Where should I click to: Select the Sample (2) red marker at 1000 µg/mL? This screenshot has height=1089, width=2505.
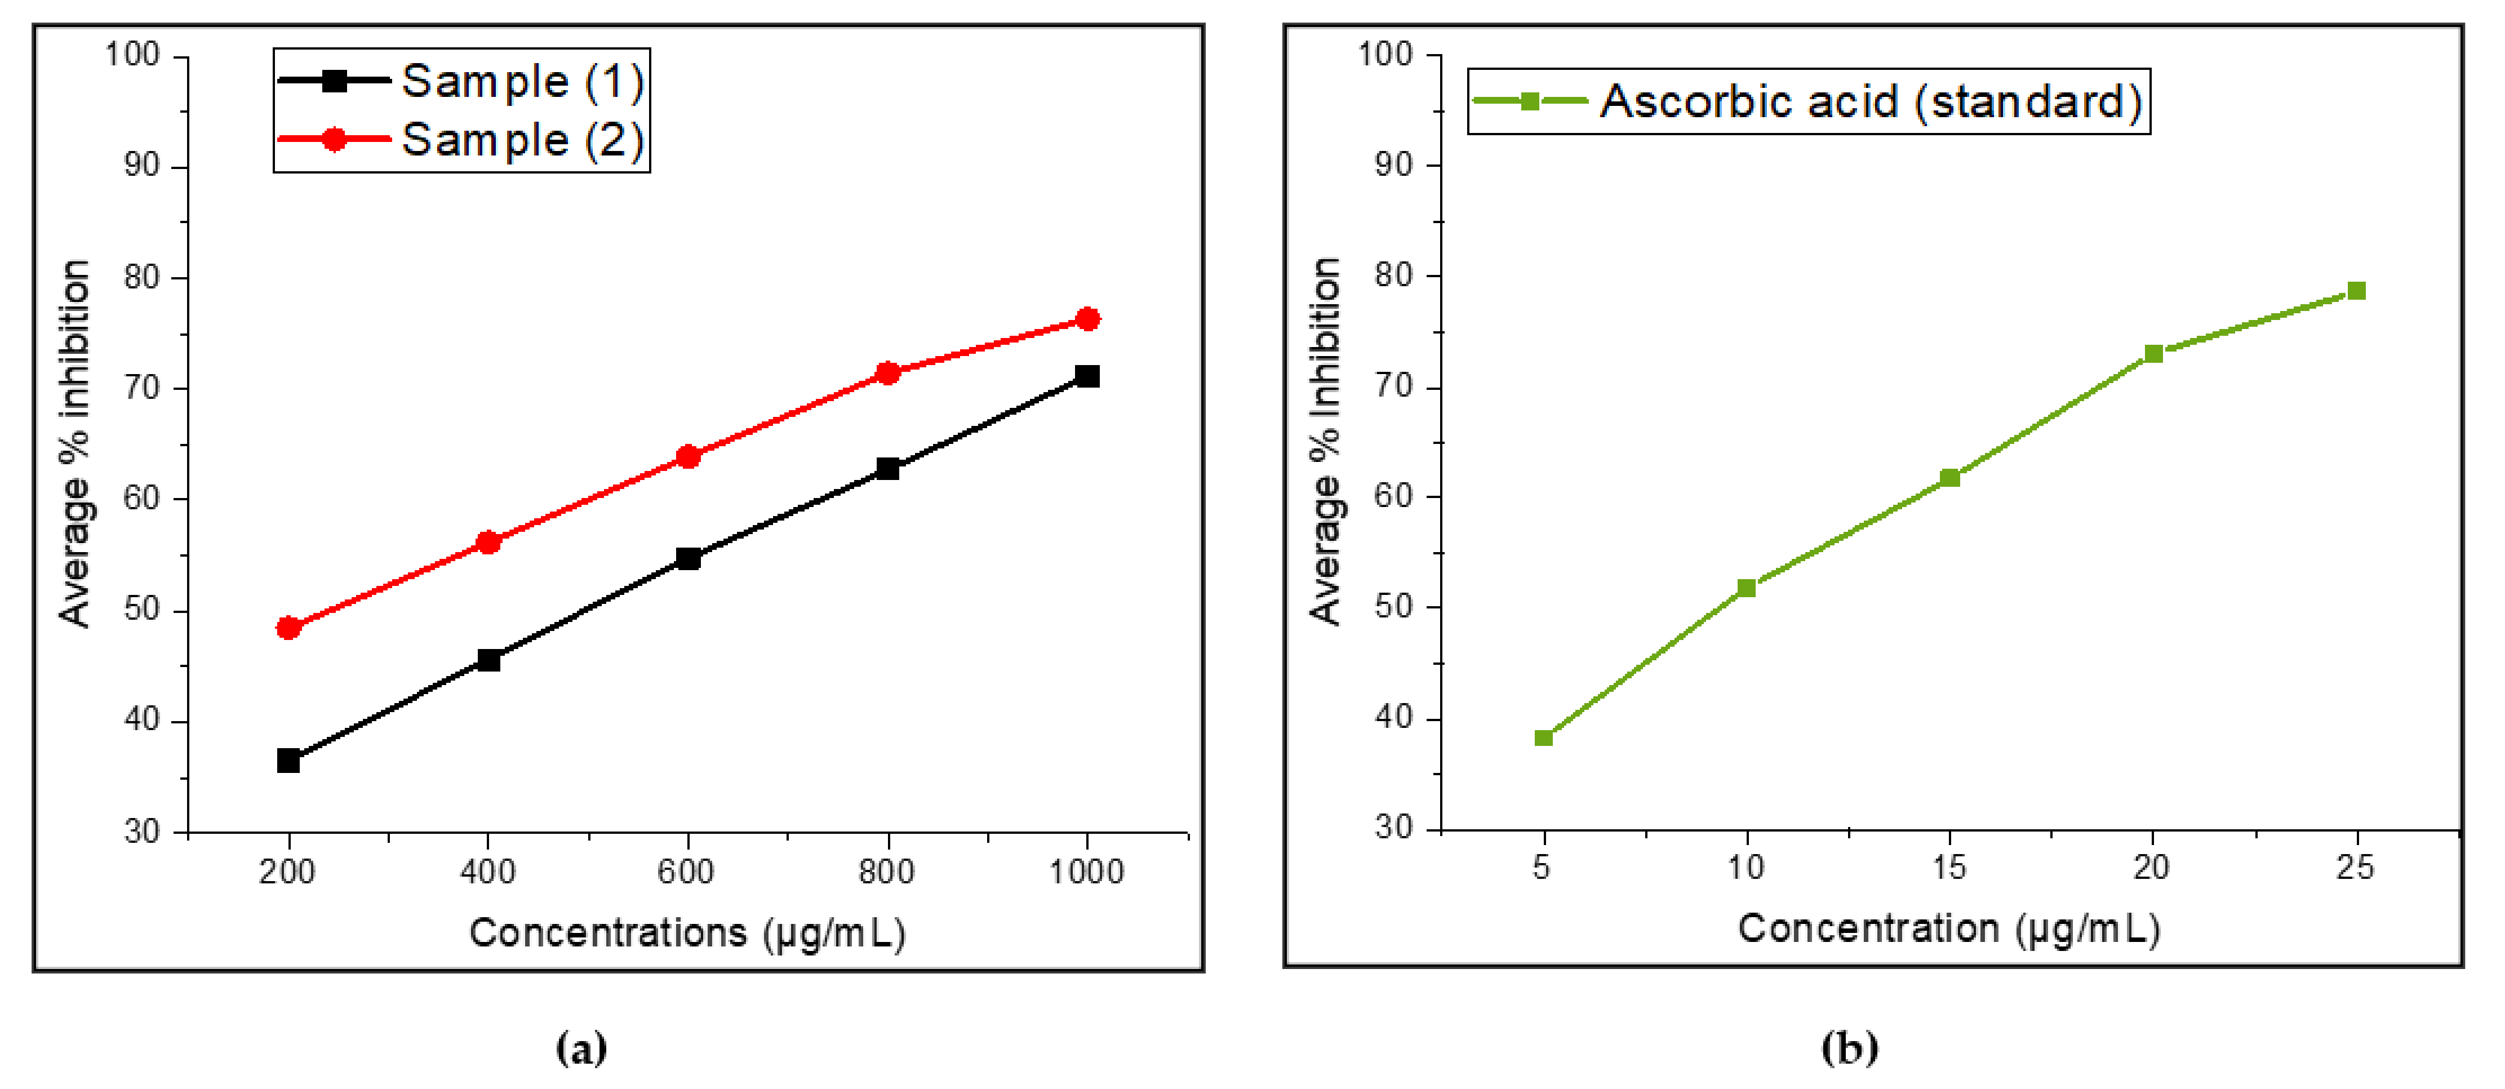coord(1087,319)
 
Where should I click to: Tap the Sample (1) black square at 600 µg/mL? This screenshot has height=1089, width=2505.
coord(687,558)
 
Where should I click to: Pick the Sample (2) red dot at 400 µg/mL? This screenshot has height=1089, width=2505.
coord(488,541)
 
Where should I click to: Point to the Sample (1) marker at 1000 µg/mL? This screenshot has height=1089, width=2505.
coord(1087,376)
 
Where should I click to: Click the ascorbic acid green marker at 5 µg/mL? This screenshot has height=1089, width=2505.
coord(1543,738)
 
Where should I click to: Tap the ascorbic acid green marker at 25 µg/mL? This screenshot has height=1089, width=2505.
coord(2356,291)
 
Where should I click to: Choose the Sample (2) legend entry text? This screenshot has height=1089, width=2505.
coord(522,140)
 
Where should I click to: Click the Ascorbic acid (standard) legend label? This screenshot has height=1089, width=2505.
coord(1871,101)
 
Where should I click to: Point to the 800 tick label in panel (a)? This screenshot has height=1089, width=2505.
coord(886,871)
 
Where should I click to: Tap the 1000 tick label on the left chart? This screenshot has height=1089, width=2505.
coord(1086,871)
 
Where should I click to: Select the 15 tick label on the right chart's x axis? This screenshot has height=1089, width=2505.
coord(1949,866)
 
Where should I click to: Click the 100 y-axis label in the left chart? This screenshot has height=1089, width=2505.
coord(132,55)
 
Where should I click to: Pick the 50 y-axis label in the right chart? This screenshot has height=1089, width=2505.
coord(1393,607)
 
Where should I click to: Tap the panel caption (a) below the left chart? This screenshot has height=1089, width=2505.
coord(581,1047)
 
